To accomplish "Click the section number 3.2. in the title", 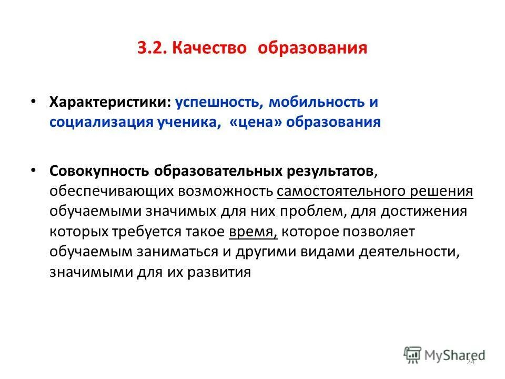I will pos(151,49).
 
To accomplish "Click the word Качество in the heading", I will pos(209,49).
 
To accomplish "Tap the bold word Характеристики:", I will pos(110,102).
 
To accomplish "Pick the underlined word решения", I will pos(445,191).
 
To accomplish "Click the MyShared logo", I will pos(445,355).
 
